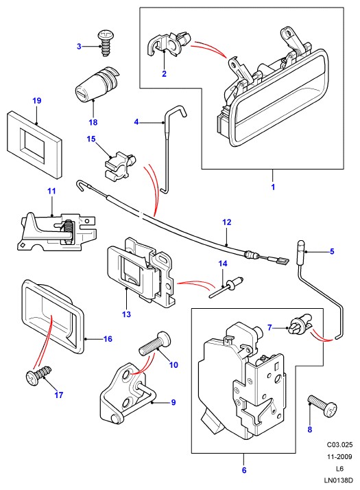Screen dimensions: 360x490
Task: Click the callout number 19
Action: pos(37,101)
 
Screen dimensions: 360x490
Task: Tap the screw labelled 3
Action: pos(106,43)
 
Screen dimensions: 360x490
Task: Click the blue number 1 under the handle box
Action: pos(273,187)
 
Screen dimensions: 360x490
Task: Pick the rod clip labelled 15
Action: pos(119,165)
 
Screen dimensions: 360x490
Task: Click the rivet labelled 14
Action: pos(226,287)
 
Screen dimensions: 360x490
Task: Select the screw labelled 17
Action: pos(38,375)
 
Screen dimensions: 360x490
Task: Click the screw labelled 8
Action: pos(322,406)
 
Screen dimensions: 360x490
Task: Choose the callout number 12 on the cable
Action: pos(227,222)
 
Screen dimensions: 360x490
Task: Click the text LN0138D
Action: pos(339,480)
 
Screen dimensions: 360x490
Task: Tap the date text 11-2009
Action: pos(339,456)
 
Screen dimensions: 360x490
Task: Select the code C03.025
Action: pos(339,445)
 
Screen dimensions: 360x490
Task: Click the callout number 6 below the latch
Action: pos(244,470)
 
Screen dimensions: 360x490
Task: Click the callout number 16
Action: pos(108,339)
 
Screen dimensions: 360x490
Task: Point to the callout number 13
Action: pos(126,314)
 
